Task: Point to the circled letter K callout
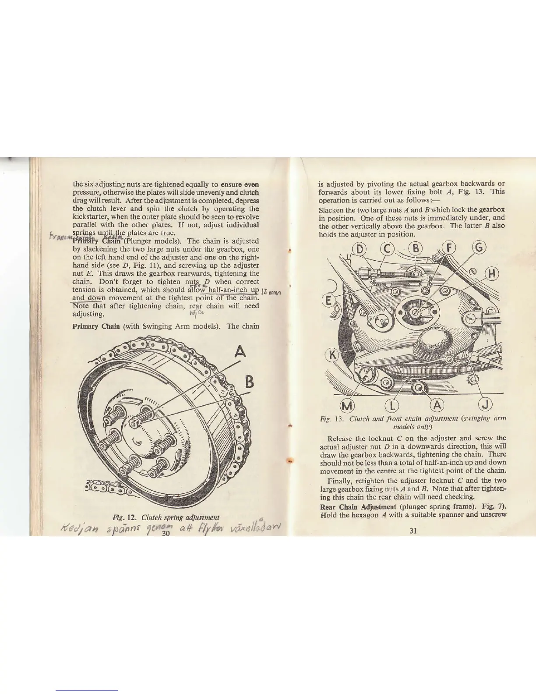pyautogui.click(x=332, y=353)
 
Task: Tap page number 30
pyautogui.click(x=166, y=533)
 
